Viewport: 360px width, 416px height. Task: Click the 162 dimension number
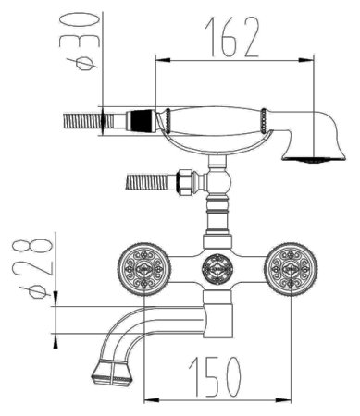[x=232, y=37]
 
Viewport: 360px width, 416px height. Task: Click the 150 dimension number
[x=215, y=376]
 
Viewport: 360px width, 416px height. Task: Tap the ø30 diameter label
[x=81, y=42]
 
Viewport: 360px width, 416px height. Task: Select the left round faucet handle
[x=144, y=269]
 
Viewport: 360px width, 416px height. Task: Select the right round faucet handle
[x=291, y=269]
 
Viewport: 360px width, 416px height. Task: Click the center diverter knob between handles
[x=217, y=269]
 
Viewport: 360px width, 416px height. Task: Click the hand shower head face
[x=314, y=160]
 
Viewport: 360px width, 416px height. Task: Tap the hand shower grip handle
[x=216, y=122]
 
